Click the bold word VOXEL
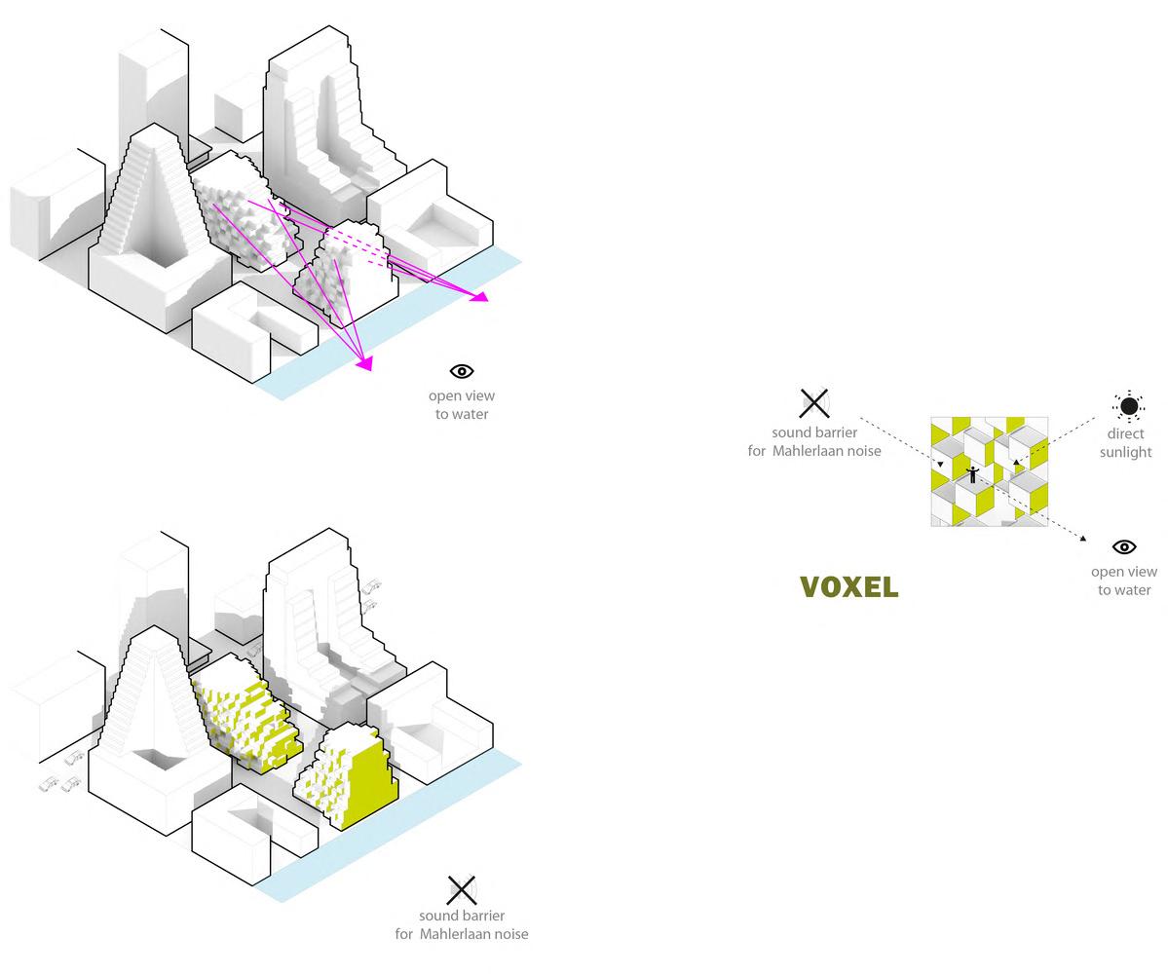[848, 587]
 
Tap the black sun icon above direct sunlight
[1128, 406]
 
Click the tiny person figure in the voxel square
[971, 475]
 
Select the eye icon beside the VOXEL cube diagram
[1124, 547]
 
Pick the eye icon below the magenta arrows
[462, 371]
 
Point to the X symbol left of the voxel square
[814, 402]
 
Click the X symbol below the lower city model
[462, 889]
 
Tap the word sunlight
[1125, 453]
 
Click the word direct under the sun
[1125, 434]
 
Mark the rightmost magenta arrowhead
[479, 296]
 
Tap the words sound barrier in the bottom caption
[462, 916]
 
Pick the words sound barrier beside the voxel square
[814, 432]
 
